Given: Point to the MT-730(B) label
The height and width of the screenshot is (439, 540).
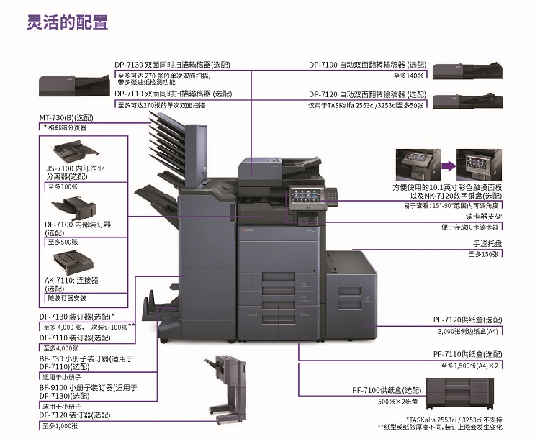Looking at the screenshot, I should pos(66,118).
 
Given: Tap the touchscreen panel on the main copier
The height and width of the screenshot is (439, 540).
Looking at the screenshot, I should pos(306,194).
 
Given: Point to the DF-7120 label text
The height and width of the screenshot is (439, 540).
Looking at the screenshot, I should pos(75,415).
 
